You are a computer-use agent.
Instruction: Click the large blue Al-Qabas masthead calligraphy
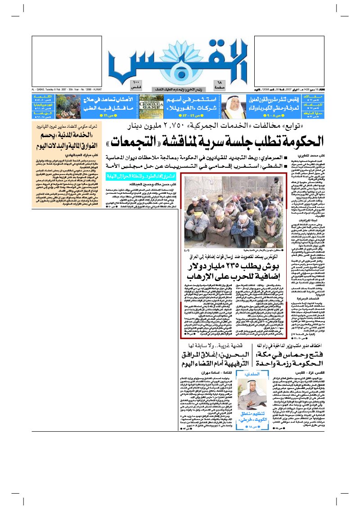pyautogui.click(x=180, y=58)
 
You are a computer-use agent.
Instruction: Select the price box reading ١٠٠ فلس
pyautogui.click(x=136, y=85)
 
